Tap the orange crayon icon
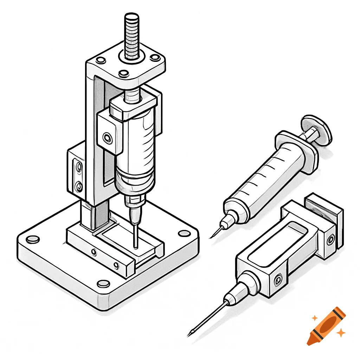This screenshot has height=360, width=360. tap(325, 326)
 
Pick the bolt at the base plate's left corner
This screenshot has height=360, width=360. tap(33, 239)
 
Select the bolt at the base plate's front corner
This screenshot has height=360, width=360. tap(103, 283)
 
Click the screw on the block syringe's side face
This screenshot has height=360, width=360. tap(278, 280)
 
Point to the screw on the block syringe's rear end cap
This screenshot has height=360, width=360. tap(330, 240)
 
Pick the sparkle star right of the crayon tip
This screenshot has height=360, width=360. tap(340, 332)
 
